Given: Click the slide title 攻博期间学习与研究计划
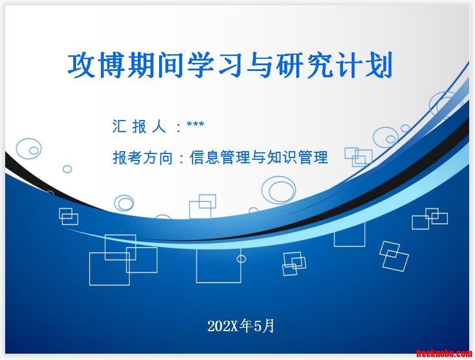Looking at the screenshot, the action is point(230,65).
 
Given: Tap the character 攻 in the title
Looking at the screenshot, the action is point(81,65).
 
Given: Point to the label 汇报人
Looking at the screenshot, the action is point(140,126).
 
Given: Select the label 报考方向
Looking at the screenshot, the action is point(143,157).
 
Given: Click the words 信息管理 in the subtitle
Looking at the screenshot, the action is point(220,157).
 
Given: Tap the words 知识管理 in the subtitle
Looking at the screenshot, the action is point(298,157).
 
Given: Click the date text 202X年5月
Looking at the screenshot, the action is point(241,327).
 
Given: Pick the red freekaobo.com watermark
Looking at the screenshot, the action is point(443,353).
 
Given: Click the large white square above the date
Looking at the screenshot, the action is point(197,265).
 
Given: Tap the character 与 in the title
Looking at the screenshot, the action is point(260,65).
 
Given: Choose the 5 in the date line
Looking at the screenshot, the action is point(258,327).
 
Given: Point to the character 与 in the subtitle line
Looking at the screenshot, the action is point(259,157).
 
